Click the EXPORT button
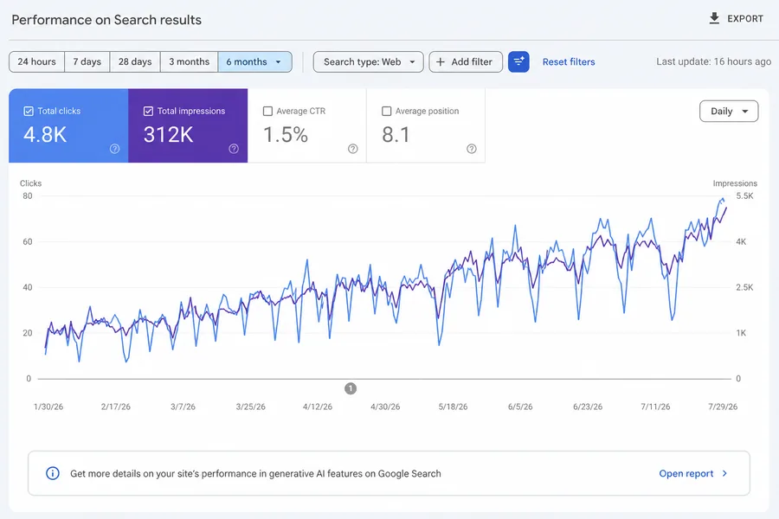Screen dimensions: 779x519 point(736,19)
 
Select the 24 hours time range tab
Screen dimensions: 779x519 point(36,62)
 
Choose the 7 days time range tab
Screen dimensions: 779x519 point(87,62)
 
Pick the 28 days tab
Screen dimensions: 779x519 point(135,62)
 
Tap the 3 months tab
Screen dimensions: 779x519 point(189,62)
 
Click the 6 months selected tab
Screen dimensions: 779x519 point(254,62)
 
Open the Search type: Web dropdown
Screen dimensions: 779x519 point(368,62)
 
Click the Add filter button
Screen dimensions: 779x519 point(466,62)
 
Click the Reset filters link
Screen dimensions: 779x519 point(569,62)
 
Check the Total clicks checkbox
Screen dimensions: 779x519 point(29,112)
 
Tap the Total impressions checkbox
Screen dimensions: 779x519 point(148,112)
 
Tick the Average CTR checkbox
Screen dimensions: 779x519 point(267,112)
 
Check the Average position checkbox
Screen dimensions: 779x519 point(387,112)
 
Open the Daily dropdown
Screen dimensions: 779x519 point(729,112)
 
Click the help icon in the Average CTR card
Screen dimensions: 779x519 point(353,149)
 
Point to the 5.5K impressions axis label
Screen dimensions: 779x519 point(744,196)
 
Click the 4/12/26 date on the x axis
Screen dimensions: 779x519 point(318,407)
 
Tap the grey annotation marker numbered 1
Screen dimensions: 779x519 point(351,388)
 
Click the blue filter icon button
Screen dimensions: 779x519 point(518,62)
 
